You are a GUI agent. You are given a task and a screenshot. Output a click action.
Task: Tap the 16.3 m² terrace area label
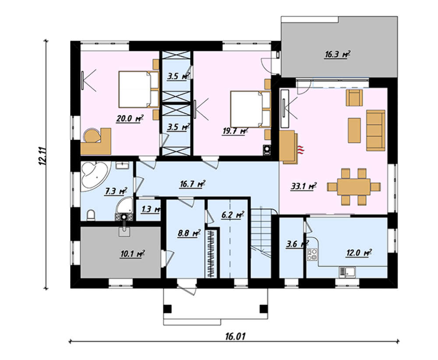pos(337,54)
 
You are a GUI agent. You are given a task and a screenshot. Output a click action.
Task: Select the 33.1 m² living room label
pos(304,186)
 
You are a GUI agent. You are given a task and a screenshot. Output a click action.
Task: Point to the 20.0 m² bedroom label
pos(130,119)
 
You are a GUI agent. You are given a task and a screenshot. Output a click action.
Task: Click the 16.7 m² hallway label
pos(192,184)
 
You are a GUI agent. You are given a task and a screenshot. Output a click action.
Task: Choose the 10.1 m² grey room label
pos(132,254)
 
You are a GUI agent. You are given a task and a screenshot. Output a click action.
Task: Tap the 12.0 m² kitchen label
pos(359,252)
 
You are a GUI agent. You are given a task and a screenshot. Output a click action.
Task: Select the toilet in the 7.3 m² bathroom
pos(91,215)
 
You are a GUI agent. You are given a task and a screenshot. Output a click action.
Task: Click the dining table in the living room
pos(353,187)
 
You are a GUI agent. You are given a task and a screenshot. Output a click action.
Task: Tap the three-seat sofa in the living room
pos(375,130)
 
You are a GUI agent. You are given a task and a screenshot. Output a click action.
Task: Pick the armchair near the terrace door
pos(354,98)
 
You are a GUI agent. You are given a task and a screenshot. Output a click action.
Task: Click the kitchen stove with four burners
pos(312,254)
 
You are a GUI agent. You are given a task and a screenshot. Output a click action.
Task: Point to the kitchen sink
pos(347,272)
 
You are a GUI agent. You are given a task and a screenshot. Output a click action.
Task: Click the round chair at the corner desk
pos(92,135)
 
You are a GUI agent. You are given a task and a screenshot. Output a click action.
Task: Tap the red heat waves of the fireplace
pos(301,150)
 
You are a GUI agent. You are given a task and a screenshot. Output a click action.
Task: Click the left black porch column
pos(167,309)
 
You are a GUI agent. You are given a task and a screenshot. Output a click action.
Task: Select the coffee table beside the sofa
pos(354,130)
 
